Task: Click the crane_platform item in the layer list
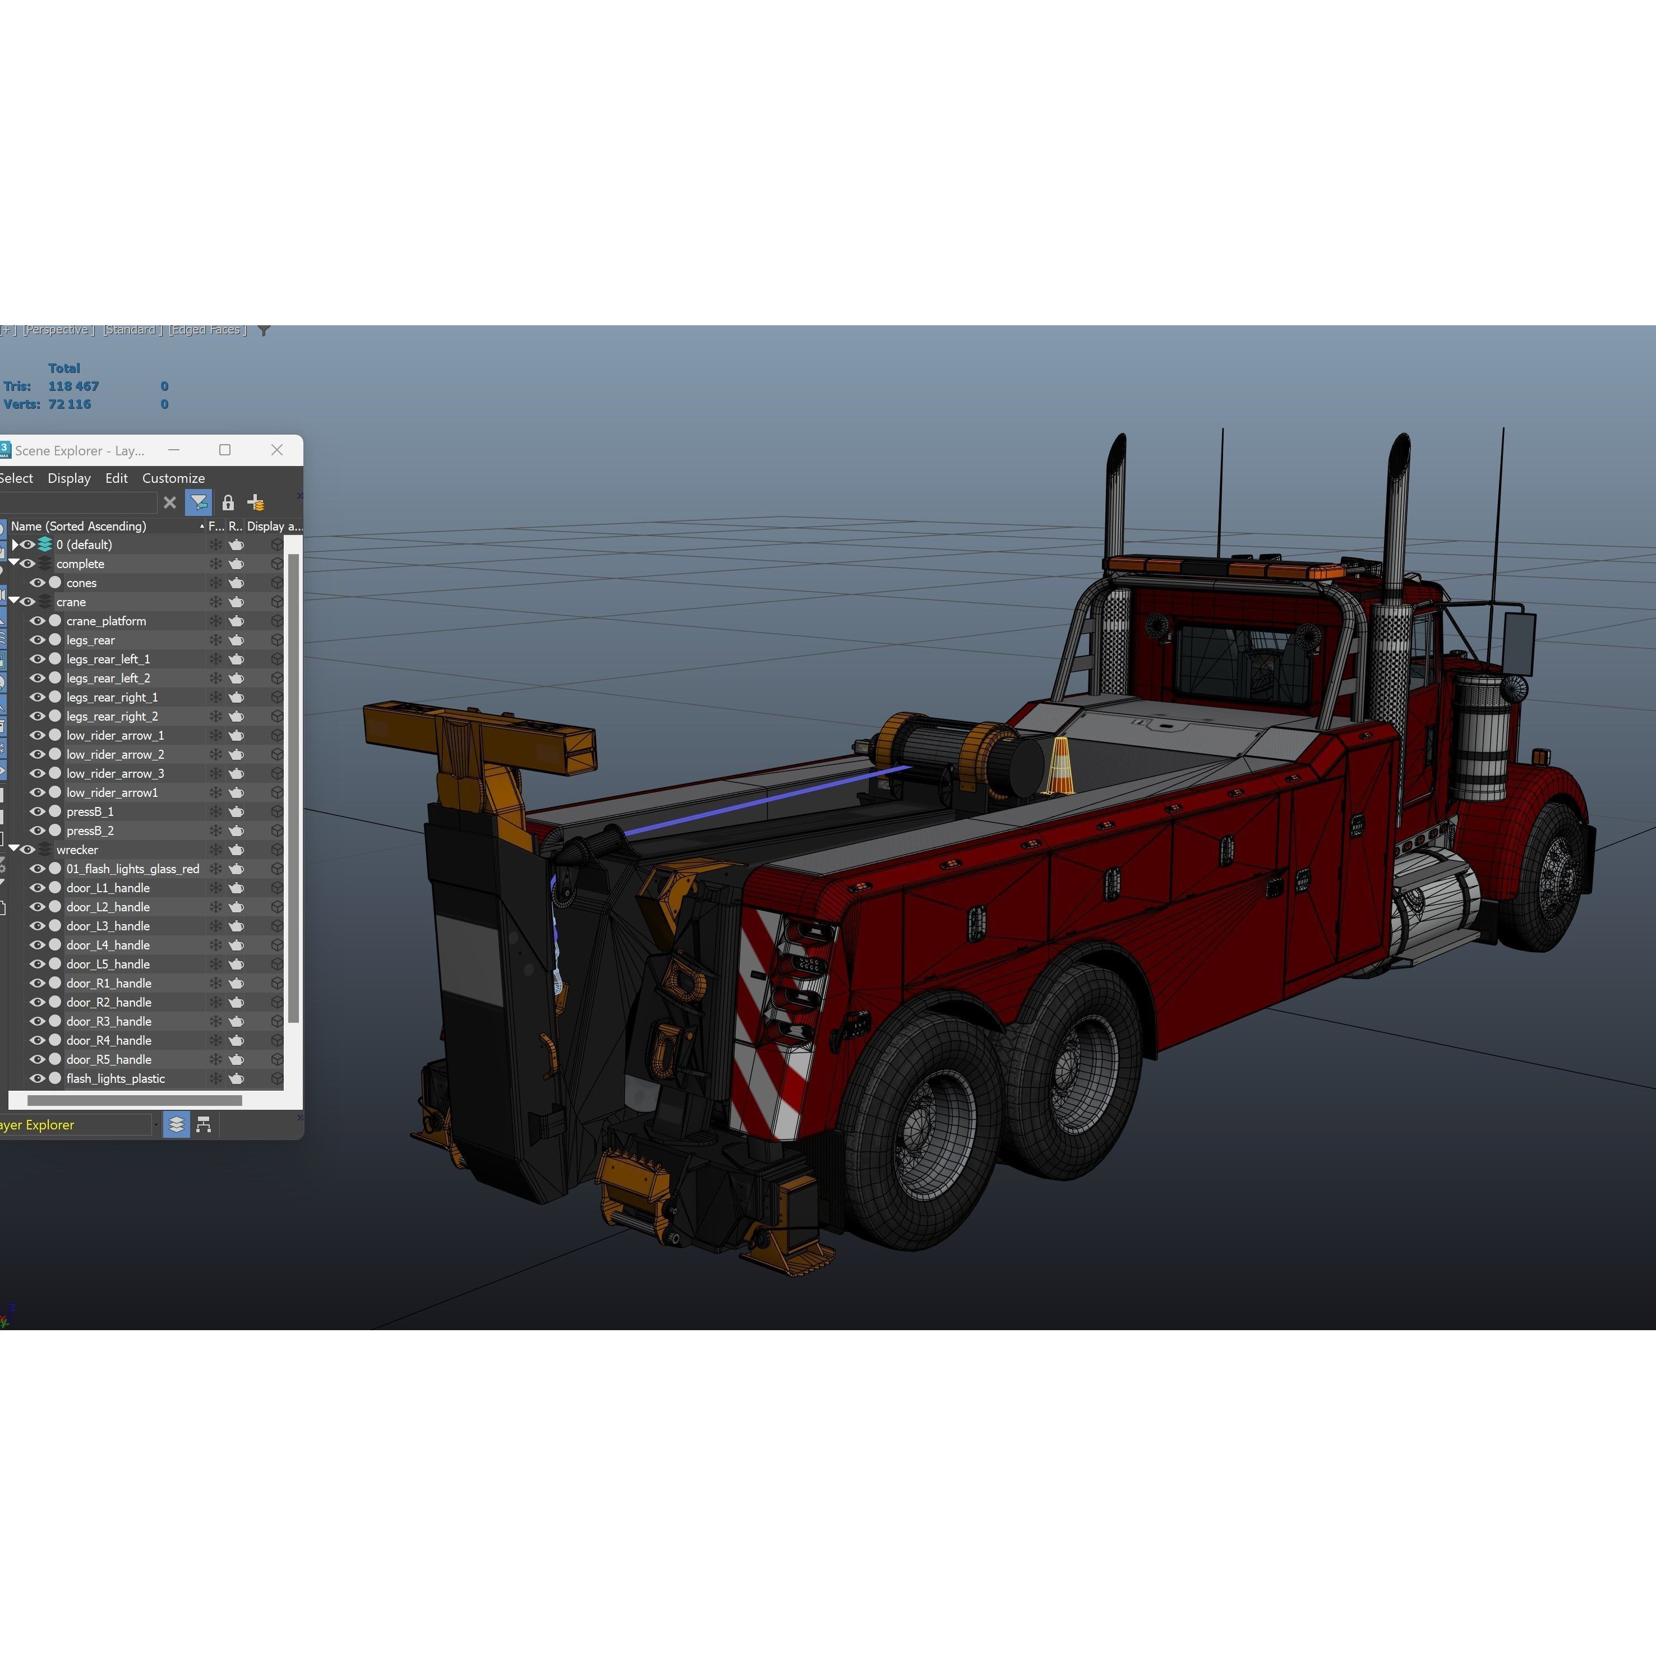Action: [107, 621]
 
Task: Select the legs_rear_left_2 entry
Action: [108, 678]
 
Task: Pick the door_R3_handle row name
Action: [109, 1021]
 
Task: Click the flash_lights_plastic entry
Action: [116, 1078]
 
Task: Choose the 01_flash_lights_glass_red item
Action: [133, 868]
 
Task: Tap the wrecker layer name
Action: [77, 850]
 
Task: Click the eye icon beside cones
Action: [38, 583]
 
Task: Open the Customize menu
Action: [173, 478]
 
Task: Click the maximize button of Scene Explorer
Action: [224, 450]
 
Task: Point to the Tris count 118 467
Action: [73, 386]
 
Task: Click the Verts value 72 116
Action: [70, 404]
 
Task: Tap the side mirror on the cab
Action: [1519, 643]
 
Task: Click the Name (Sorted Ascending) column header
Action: [79, 526]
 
